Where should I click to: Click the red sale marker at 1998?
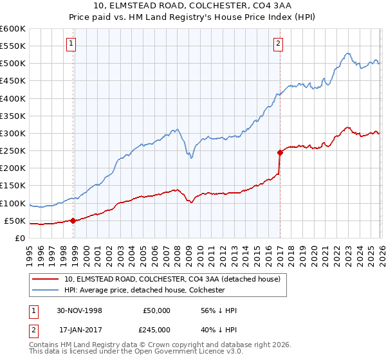point(73,221)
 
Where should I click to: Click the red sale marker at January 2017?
point(280,152)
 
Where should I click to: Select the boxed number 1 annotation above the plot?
point(71,44)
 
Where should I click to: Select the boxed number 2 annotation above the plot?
point(278,44)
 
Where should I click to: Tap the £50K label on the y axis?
point(15,221)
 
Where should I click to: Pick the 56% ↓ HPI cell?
point(219,310)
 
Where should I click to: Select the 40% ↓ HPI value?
point(219,332)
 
